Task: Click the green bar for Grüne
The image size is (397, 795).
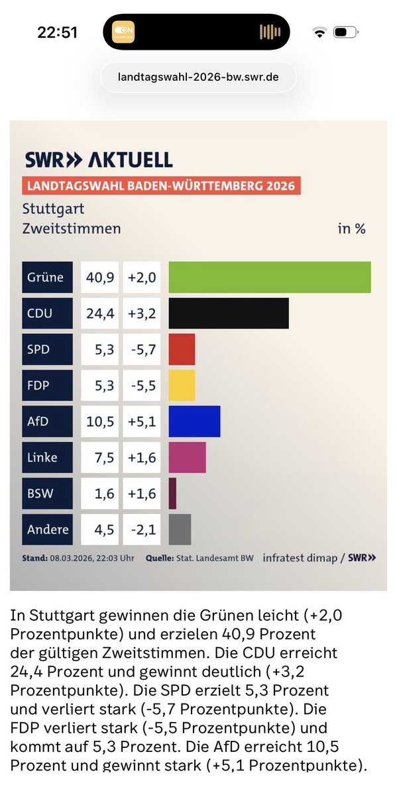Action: [270, 277]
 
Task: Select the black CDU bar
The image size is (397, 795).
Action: [229, 313]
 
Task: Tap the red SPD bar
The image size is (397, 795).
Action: [182, 349]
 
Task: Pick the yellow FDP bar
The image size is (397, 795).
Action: [182, 385]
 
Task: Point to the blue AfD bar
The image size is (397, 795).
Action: [194, 421]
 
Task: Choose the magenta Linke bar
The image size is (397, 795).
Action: [187, 457]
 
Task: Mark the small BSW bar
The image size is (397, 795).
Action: [172, 494]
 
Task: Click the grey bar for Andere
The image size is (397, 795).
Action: [180, 529]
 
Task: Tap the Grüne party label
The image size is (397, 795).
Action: [46, 277]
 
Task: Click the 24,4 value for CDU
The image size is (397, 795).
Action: [100, 313]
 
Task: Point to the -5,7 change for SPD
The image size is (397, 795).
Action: [142, 349]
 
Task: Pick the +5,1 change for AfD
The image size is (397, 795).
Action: [142, 421]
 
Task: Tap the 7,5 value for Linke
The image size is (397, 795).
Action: [100, 457]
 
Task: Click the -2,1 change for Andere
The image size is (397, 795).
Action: [142, 529]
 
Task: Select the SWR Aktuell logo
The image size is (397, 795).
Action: [99, 160]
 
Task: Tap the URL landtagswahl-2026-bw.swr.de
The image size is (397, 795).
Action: [198, 77]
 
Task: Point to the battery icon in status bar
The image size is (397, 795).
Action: [345, 32]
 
